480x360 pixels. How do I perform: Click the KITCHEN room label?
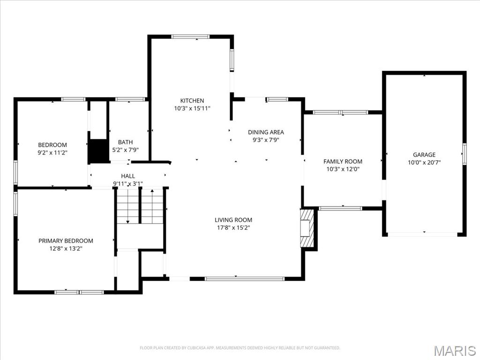(x=192, y=101)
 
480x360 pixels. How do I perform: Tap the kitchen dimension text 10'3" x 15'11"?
(x=192, y=108)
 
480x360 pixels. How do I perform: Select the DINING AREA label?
(x=266, y=132)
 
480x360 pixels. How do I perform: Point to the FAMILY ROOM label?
(x=343, y=162)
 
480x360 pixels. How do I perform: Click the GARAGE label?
(x=424, y=155)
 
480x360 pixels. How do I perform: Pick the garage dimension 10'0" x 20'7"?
(x=424, y=162)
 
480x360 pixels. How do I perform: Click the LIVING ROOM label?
(x=233, y=220)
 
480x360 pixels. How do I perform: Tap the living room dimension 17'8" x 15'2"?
(x=233, y=228)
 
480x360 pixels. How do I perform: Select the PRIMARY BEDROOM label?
(x=66, y=241)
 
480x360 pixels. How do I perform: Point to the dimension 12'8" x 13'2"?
(x=66, y=248)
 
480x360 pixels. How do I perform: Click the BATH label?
(x=125, y=142)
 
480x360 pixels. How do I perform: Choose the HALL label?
(x=128, y=176)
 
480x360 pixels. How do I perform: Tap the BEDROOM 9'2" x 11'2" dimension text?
(x=52, y=152)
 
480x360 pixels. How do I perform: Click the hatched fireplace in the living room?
(x=307, y=228)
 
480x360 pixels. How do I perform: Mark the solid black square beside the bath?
(x=98, y=151)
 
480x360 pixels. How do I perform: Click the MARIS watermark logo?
(x=454, y=351)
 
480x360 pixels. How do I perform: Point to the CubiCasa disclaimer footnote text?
(x=240, y=348)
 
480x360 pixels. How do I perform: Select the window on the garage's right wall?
(x=464, y=154)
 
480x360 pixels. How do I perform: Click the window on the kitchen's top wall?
(x=190, y=37)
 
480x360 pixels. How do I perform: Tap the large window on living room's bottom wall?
(x=245, y=279)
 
